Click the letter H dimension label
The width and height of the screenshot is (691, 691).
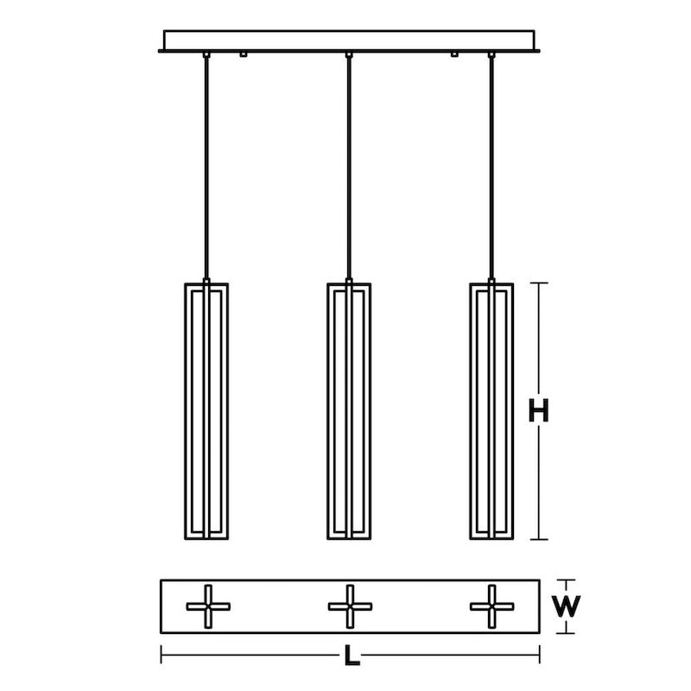click(539, 412)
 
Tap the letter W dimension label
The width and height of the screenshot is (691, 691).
click(566, 606)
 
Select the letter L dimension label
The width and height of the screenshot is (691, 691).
click(350, 656)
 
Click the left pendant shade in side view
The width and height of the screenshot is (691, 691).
click(207, 411)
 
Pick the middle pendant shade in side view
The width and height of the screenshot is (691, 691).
click(349, 411)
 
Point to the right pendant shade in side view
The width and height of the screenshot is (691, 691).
click(491, 411)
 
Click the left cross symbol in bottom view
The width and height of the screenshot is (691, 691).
click(208, 606)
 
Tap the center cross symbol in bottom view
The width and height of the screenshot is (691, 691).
click(350, 606)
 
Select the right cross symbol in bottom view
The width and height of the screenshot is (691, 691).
click(491, 606)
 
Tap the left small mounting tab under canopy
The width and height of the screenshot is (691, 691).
click(244, 55)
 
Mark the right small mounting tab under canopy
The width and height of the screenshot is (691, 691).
click(454, 55)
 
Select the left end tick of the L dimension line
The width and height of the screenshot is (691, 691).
click(162, 656)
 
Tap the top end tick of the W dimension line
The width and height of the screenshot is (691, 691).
click(566, 580)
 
